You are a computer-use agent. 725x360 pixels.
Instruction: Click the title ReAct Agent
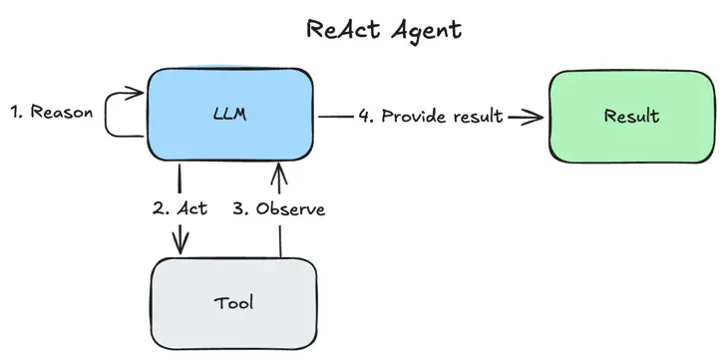tap(384, 29)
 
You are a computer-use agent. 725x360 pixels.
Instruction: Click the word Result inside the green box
tap(631, 117)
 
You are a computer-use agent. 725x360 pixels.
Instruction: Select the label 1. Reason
tap(51, 112)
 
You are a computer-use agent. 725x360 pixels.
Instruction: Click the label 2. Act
tap(180, 209)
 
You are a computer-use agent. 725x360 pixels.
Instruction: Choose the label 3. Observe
tap(278, 209)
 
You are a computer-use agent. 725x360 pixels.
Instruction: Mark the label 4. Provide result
tap(431, 117)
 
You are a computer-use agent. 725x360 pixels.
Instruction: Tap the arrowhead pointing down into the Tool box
tap(181, 244)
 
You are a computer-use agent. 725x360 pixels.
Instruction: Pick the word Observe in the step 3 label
tap(290, 209)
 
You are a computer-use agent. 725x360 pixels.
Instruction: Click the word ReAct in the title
tap(342, 29)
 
